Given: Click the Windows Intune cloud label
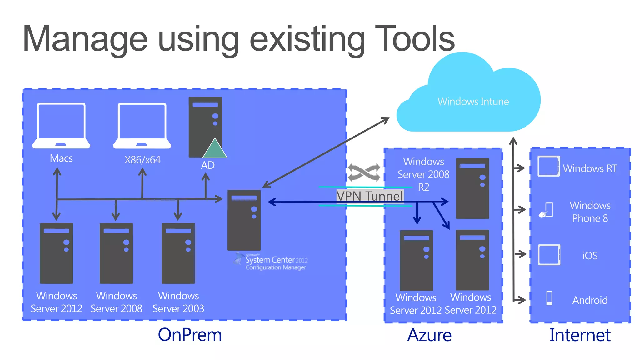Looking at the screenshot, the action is click(473, 102).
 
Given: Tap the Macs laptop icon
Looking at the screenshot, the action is click(61, 126).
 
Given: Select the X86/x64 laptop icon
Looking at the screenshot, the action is click(142, 126).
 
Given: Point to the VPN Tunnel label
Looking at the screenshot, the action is click(370, 196).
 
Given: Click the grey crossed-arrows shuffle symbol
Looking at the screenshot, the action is click(364, 172).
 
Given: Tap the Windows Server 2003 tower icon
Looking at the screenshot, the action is click(178, 253).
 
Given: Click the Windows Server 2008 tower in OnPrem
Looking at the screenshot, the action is click(116, 253).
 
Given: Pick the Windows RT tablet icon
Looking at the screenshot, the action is click(549, 166).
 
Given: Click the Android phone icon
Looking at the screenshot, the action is click(549, 298).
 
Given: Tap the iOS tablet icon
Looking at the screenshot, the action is click(549, 255).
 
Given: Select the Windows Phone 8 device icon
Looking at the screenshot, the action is click(546, 210).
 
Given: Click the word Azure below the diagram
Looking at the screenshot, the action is click(429, 335).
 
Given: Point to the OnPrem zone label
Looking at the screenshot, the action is click(190, 335).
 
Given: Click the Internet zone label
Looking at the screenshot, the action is click(580, 335).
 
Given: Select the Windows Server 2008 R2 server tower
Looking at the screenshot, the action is click(472, 188).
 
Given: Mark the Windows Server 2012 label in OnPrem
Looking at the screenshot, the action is click(57, 302).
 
